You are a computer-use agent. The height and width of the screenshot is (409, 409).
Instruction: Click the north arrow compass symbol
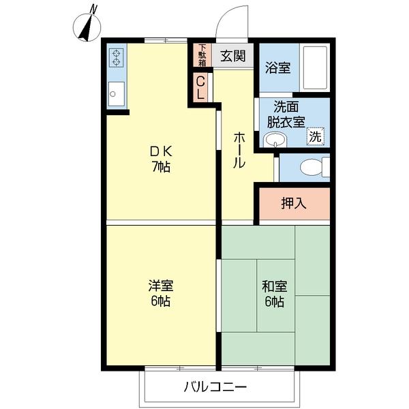coord(87,27)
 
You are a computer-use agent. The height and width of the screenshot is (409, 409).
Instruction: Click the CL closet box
coord(200,88)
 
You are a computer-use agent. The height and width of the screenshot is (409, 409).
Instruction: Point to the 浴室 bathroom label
coord(278,67)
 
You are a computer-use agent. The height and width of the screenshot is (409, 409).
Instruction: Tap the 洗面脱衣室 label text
coord(287,115)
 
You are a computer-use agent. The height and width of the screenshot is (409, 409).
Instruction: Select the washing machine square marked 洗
coord(315,136)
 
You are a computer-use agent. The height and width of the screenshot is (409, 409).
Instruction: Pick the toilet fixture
coord(314,167)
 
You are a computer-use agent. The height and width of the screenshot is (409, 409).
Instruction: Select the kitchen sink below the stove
coord(115,93)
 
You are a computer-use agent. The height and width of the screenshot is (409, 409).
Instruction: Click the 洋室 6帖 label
coord(161,292)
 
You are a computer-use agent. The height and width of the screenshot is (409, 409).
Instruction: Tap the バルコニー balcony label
coord(215,387)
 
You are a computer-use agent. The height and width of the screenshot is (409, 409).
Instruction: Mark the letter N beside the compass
coord(94,9)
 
